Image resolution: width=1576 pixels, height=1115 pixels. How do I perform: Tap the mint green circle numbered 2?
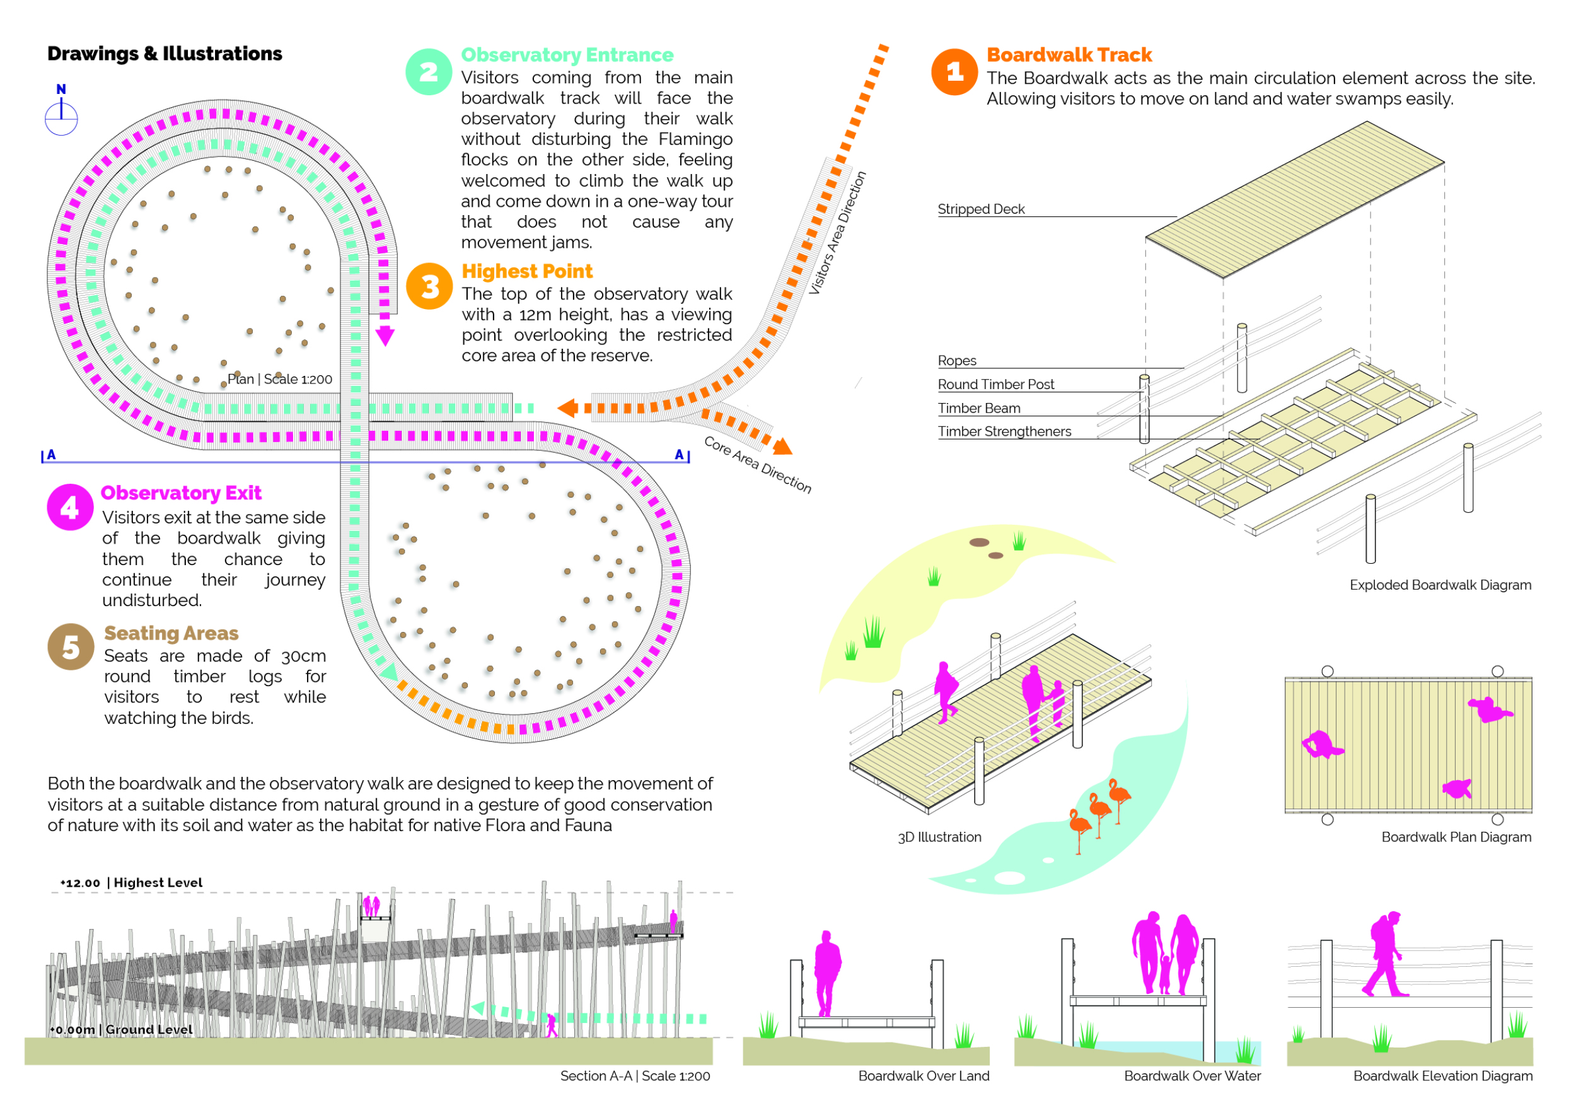coord(428,71)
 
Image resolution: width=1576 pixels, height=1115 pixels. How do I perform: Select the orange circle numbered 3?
coord(429,286)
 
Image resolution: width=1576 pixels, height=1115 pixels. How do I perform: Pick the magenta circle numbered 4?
coord(70,508)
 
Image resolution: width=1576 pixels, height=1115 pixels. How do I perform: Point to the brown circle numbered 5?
coord(71,647)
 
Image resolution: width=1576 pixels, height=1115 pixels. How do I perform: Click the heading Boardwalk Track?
coord(1069,55)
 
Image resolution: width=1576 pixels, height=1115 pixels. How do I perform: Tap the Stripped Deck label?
coord(981,209)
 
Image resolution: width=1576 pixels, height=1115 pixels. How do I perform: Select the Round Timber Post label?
coord(995,385)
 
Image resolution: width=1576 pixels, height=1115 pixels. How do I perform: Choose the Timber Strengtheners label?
coord(1004,431)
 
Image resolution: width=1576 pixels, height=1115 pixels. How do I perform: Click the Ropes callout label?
coord(957,361)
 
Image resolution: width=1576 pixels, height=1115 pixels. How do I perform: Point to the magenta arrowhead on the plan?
coord(385,336)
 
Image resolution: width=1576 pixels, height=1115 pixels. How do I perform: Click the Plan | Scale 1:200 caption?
coord(280,379)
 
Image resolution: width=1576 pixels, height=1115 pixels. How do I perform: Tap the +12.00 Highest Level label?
coord(131,883)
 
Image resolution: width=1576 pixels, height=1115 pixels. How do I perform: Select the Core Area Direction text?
coord(758,465)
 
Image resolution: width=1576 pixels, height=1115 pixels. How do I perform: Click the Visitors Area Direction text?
coord(837,233)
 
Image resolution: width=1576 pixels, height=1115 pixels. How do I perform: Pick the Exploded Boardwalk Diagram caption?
coord(1440,585)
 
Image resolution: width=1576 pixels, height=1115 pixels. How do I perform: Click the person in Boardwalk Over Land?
coord(827,971)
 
